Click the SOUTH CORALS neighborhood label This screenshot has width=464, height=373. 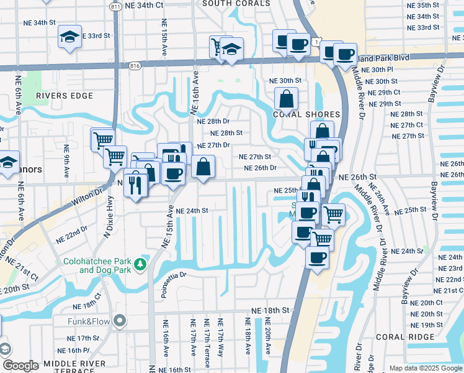(236, 3)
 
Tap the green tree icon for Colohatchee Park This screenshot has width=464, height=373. (141, 265)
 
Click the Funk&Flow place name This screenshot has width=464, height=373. (89, 321)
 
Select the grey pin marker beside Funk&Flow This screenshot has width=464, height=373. (120, 321)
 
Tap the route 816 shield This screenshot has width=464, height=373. (136, 65)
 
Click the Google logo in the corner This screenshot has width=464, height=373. (20, 366)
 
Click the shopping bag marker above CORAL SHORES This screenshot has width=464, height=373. (286, 98)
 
